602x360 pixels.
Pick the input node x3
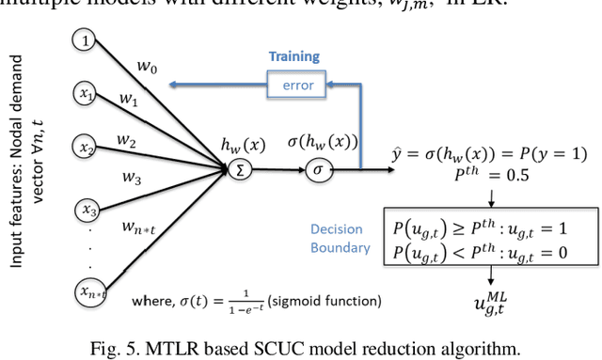tap(89, 209)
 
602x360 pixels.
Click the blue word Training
tap(293, 57)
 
